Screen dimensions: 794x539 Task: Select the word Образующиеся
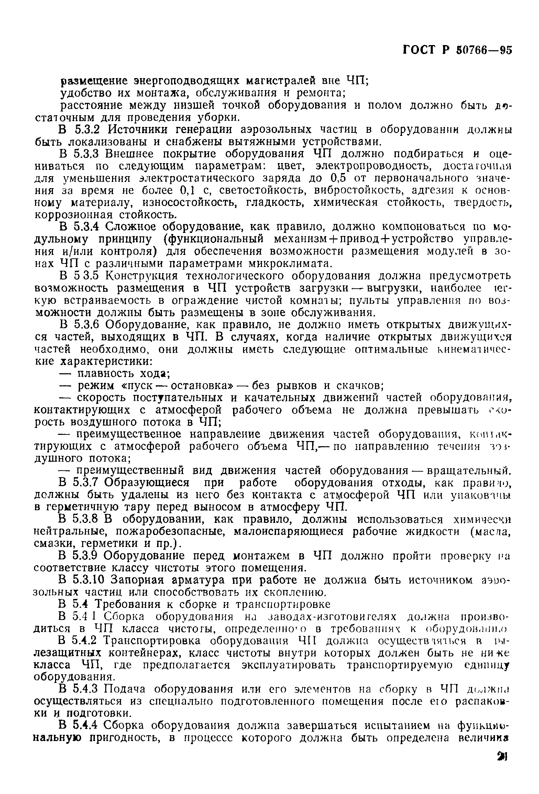click(147, 483)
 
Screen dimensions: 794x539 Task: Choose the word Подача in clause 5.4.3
click(125, 689)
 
